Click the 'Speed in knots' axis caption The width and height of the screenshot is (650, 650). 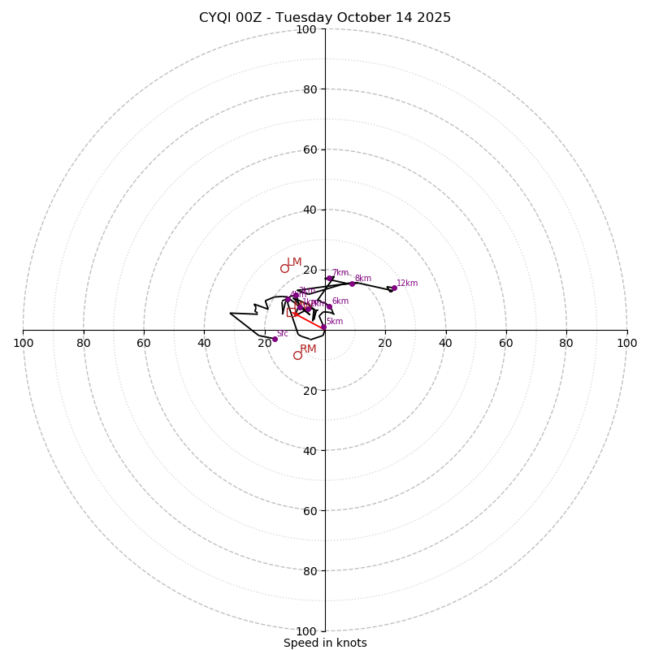point(325,643)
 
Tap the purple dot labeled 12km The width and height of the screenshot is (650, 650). point(394,288)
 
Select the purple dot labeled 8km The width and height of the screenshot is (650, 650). point(352,284)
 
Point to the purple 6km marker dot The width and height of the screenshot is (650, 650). point(328,306)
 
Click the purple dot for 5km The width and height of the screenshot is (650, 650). point(323,327)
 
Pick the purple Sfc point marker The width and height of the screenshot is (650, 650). point(275,339)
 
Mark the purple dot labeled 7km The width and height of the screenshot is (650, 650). point(329,279)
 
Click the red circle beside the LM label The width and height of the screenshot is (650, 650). point(284,268)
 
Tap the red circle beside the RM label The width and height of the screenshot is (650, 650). point(297,355)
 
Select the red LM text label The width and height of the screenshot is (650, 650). point(294,262)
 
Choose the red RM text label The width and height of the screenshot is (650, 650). point(308,349)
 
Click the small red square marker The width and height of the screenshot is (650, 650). point(291,312)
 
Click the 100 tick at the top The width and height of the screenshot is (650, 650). point(306,29)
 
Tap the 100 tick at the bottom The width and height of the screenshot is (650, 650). point(306,630)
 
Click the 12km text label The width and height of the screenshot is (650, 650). point(407,283)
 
